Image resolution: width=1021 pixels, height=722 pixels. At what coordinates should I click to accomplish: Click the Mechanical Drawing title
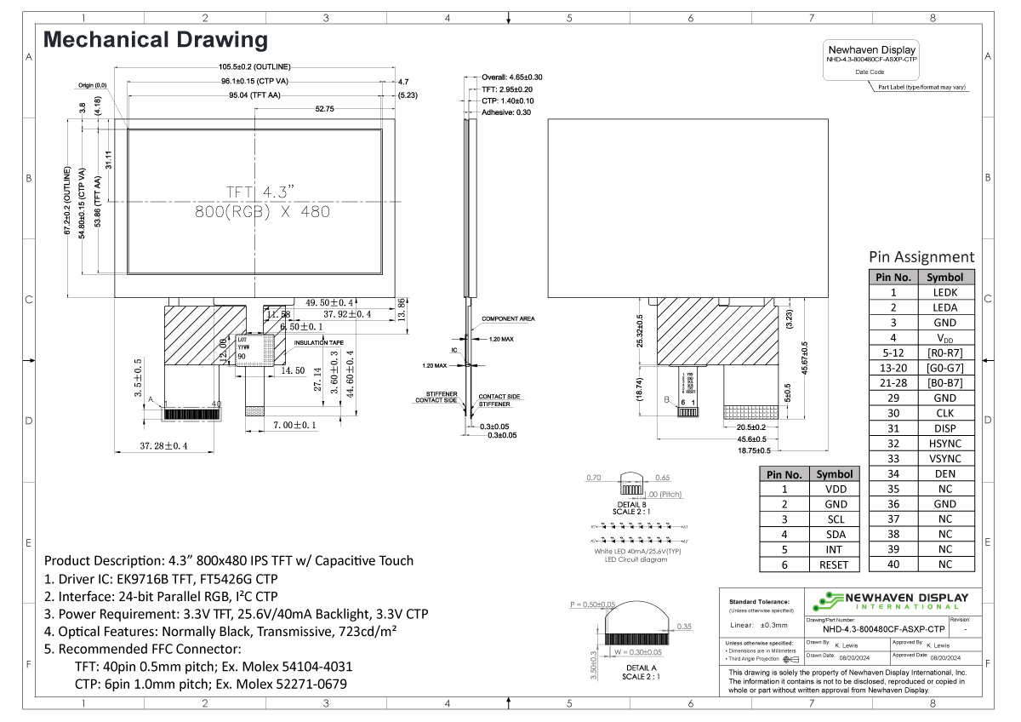[x=156, y=40]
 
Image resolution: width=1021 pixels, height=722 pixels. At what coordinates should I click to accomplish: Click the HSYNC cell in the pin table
[x=944, y=444]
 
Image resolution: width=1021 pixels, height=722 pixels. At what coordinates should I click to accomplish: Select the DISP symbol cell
[x=944, y=428]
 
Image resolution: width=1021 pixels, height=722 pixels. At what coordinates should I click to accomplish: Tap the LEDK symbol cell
[x=944, y=292]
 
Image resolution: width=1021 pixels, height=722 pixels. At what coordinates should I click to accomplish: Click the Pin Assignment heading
[x=921, y=256]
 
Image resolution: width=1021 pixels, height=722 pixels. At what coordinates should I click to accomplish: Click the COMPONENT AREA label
[x=508, y=318]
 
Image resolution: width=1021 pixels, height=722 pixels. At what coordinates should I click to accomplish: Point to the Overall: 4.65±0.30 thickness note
[x=512, y=77]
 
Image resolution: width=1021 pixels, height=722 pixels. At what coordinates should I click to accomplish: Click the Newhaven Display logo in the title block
[x=893, y=600]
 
